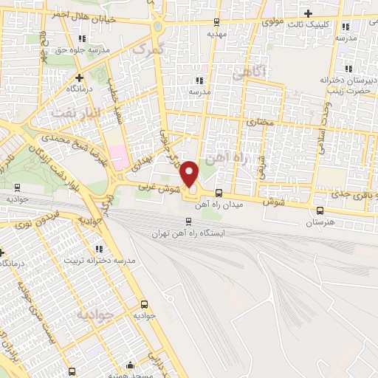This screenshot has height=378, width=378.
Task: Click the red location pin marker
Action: click(x=190, y=173)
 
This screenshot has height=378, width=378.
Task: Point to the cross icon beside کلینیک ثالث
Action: click(x=309, y=13)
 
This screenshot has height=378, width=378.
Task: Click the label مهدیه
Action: click(x=216, y=33)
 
